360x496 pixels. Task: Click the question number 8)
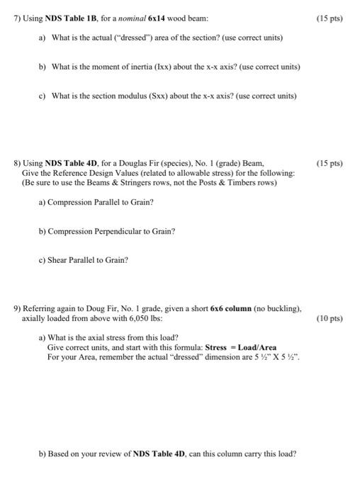18,163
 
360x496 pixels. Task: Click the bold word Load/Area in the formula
258,348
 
